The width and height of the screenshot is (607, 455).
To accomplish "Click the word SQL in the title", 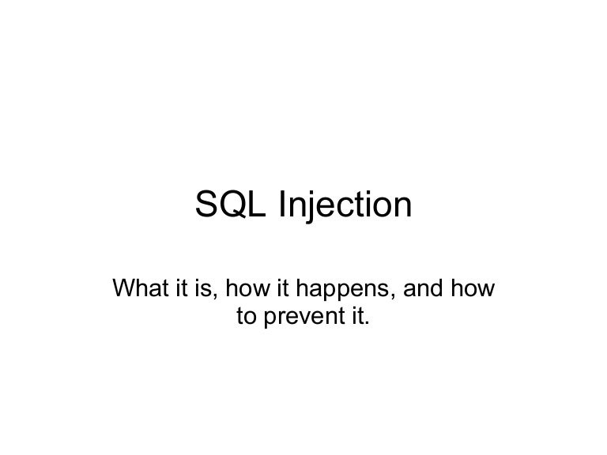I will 230,207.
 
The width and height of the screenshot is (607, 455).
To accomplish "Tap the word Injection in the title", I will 345,207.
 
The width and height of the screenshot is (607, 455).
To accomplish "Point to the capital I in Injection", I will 280,207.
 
